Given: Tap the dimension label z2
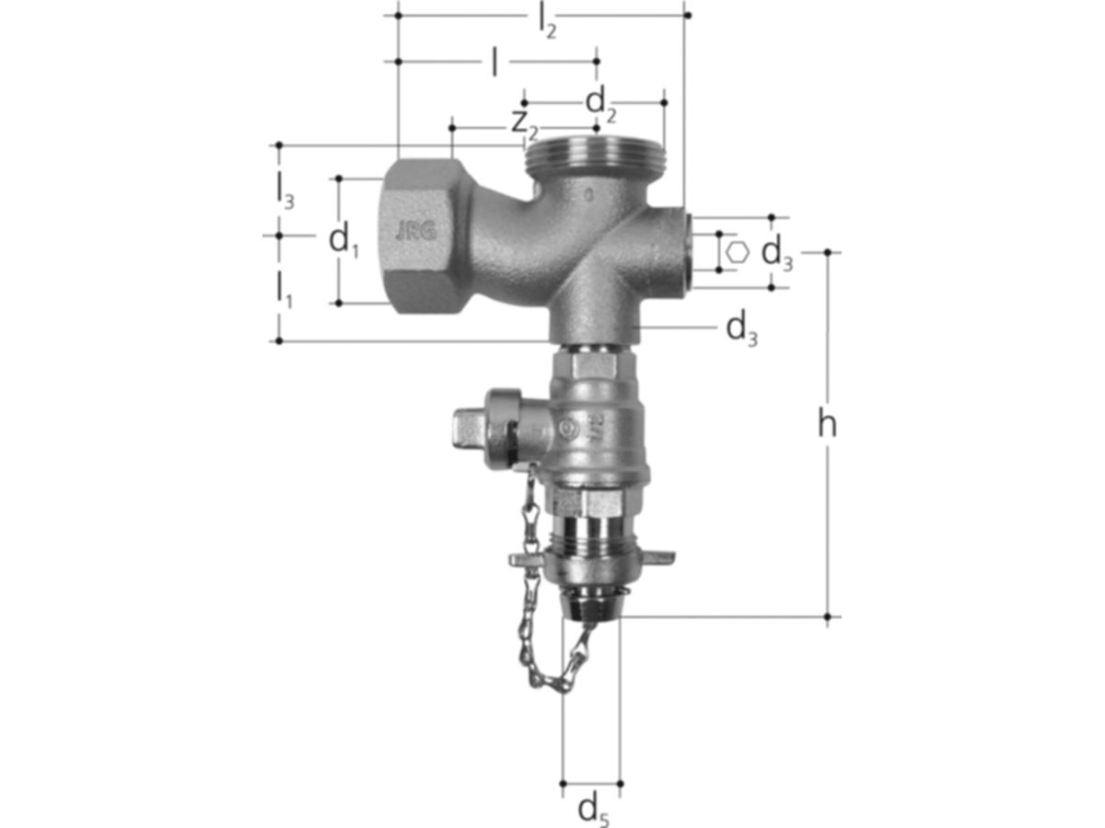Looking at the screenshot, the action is (x=525, y=126).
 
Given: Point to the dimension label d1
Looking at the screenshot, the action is (x=343, y=241).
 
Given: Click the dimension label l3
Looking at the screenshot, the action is (x=285, y=193).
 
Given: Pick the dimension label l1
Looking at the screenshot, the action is (x=285, y=291).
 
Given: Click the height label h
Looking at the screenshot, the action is (x=827, y=424).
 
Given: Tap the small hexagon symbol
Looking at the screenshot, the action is (x=738, y=251).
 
